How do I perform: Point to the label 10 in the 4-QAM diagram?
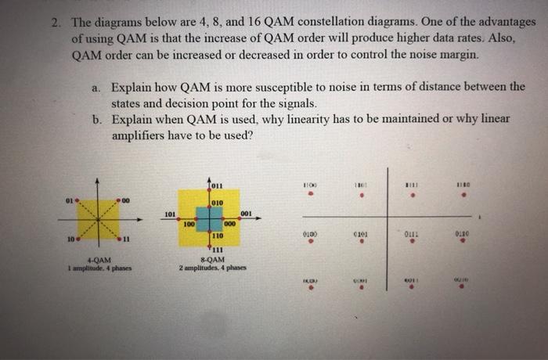pos(71,236)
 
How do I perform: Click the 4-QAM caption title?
pos(99,261)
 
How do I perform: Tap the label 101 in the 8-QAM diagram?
pos(170,214)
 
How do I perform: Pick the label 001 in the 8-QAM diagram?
pos(247,213)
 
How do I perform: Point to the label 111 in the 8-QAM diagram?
pos(218,250)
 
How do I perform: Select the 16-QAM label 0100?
pos(311,232)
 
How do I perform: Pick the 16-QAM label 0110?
pos(462,232)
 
